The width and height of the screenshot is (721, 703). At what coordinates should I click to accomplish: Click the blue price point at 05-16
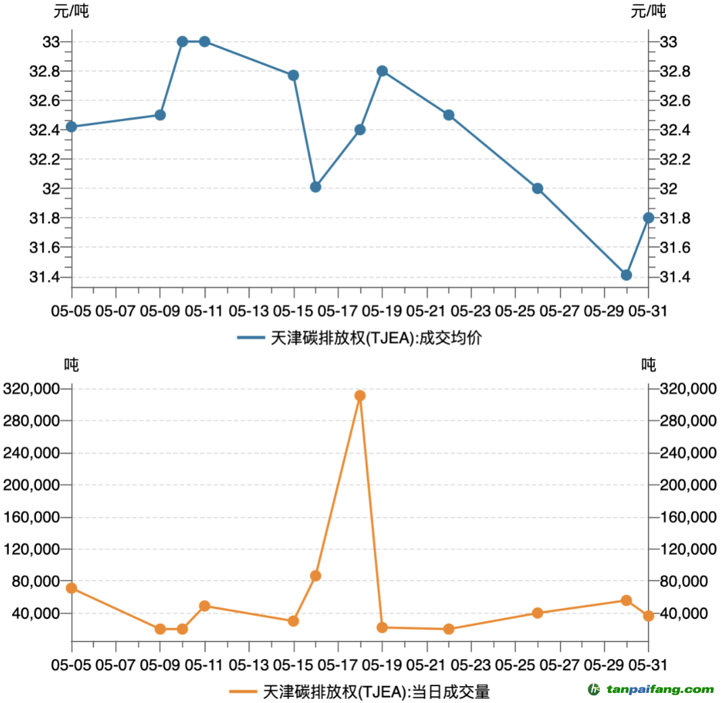click(x=315, y=187)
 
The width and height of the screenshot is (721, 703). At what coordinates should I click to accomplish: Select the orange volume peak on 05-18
click(x=360, y=395)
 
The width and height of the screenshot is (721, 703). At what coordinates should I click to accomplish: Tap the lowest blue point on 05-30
click(x=626, y=275)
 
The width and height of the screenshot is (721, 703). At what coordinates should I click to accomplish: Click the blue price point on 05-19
click(x=382, y=71)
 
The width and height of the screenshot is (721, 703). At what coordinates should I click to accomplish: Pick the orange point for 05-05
click(x=71, y=588)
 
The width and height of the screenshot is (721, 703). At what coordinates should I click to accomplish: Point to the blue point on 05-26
click(x=538, y=189)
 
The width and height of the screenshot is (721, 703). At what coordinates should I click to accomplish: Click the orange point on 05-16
click(x=315, y=576)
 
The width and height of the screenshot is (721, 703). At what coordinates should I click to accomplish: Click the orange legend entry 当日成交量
click(x=375, y=692)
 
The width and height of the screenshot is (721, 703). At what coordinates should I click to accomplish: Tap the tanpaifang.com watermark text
click(x=659, y=690)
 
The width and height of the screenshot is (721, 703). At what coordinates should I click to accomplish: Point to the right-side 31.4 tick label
click(x=674, y=277)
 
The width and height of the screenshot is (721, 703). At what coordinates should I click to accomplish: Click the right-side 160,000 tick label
click(x=689, y=518)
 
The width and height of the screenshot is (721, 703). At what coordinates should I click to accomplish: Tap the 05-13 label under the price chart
click(x=249, y=312)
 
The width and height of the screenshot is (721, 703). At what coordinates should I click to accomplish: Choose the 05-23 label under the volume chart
click(x=471, y=664)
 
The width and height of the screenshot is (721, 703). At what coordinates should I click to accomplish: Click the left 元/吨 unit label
click(x=71, y=11)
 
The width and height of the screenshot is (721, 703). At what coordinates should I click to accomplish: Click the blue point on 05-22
click(x=448, y=115)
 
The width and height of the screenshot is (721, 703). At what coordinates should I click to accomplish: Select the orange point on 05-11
click(x=204, y=606)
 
